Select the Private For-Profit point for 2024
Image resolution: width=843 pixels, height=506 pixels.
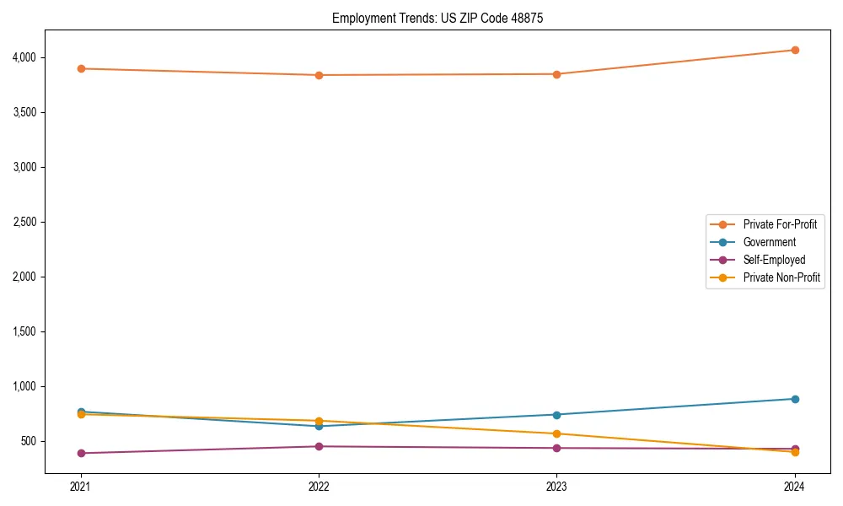coord(795,50)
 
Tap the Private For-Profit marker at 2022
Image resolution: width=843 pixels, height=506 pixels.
coord(319,75)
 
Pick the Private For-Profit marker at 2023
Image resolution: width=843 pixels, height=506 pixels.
coord(557,74)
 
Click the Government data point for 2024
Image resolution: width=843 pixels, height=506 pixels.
coord(795,399)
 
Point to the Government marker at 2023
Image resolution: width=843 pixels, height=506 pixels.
coord(557,415)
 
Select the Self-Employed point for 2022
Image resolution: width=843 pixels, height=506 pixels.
coord(319,446)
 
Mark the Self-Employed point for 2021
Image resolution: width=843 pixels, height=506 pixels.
coord(81,453)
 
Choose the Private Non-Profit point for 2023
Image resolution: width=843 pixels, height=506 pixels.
coord(557,433)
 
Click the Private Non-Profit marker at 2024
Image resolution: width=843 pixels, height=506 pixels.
coord(795,452)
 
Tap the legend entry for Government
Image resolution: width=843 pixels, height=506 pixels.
coord(769,242)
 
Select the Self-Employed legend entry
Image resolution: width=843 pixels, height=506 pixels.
coord(774,260)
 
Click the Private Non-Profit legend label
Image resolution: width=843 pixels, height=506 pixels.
coord(781,277)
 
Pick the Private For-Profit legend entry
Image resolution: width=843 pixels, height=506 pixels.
coord(780,224)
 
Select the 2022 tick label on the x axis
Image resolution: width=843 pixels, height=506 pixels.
coord(319,486)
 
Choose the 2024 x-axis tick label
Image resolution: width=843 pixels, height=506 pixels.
coord(795,486)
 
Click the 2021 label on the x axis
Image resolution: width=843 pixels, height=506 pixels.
coord(81,486)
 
